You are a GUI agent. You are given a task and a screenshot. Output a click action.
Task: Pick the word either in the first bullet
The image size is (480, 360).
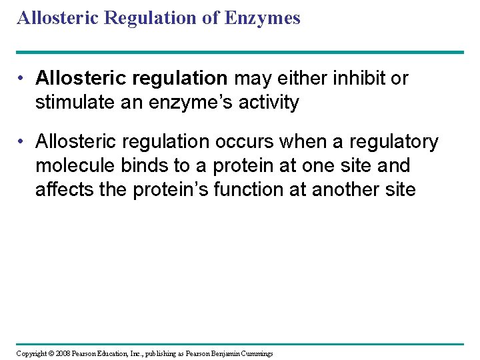300,79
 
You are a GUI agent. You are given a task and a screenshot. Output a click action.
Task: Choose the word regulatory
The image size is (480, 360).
394,142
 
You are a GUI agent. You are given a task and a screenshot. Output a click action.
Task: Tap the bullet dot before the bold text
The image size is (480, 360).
23,79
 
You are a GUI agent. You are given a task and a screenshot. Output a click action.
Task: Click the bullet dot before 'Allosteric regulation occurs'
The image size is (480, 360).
23,142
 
